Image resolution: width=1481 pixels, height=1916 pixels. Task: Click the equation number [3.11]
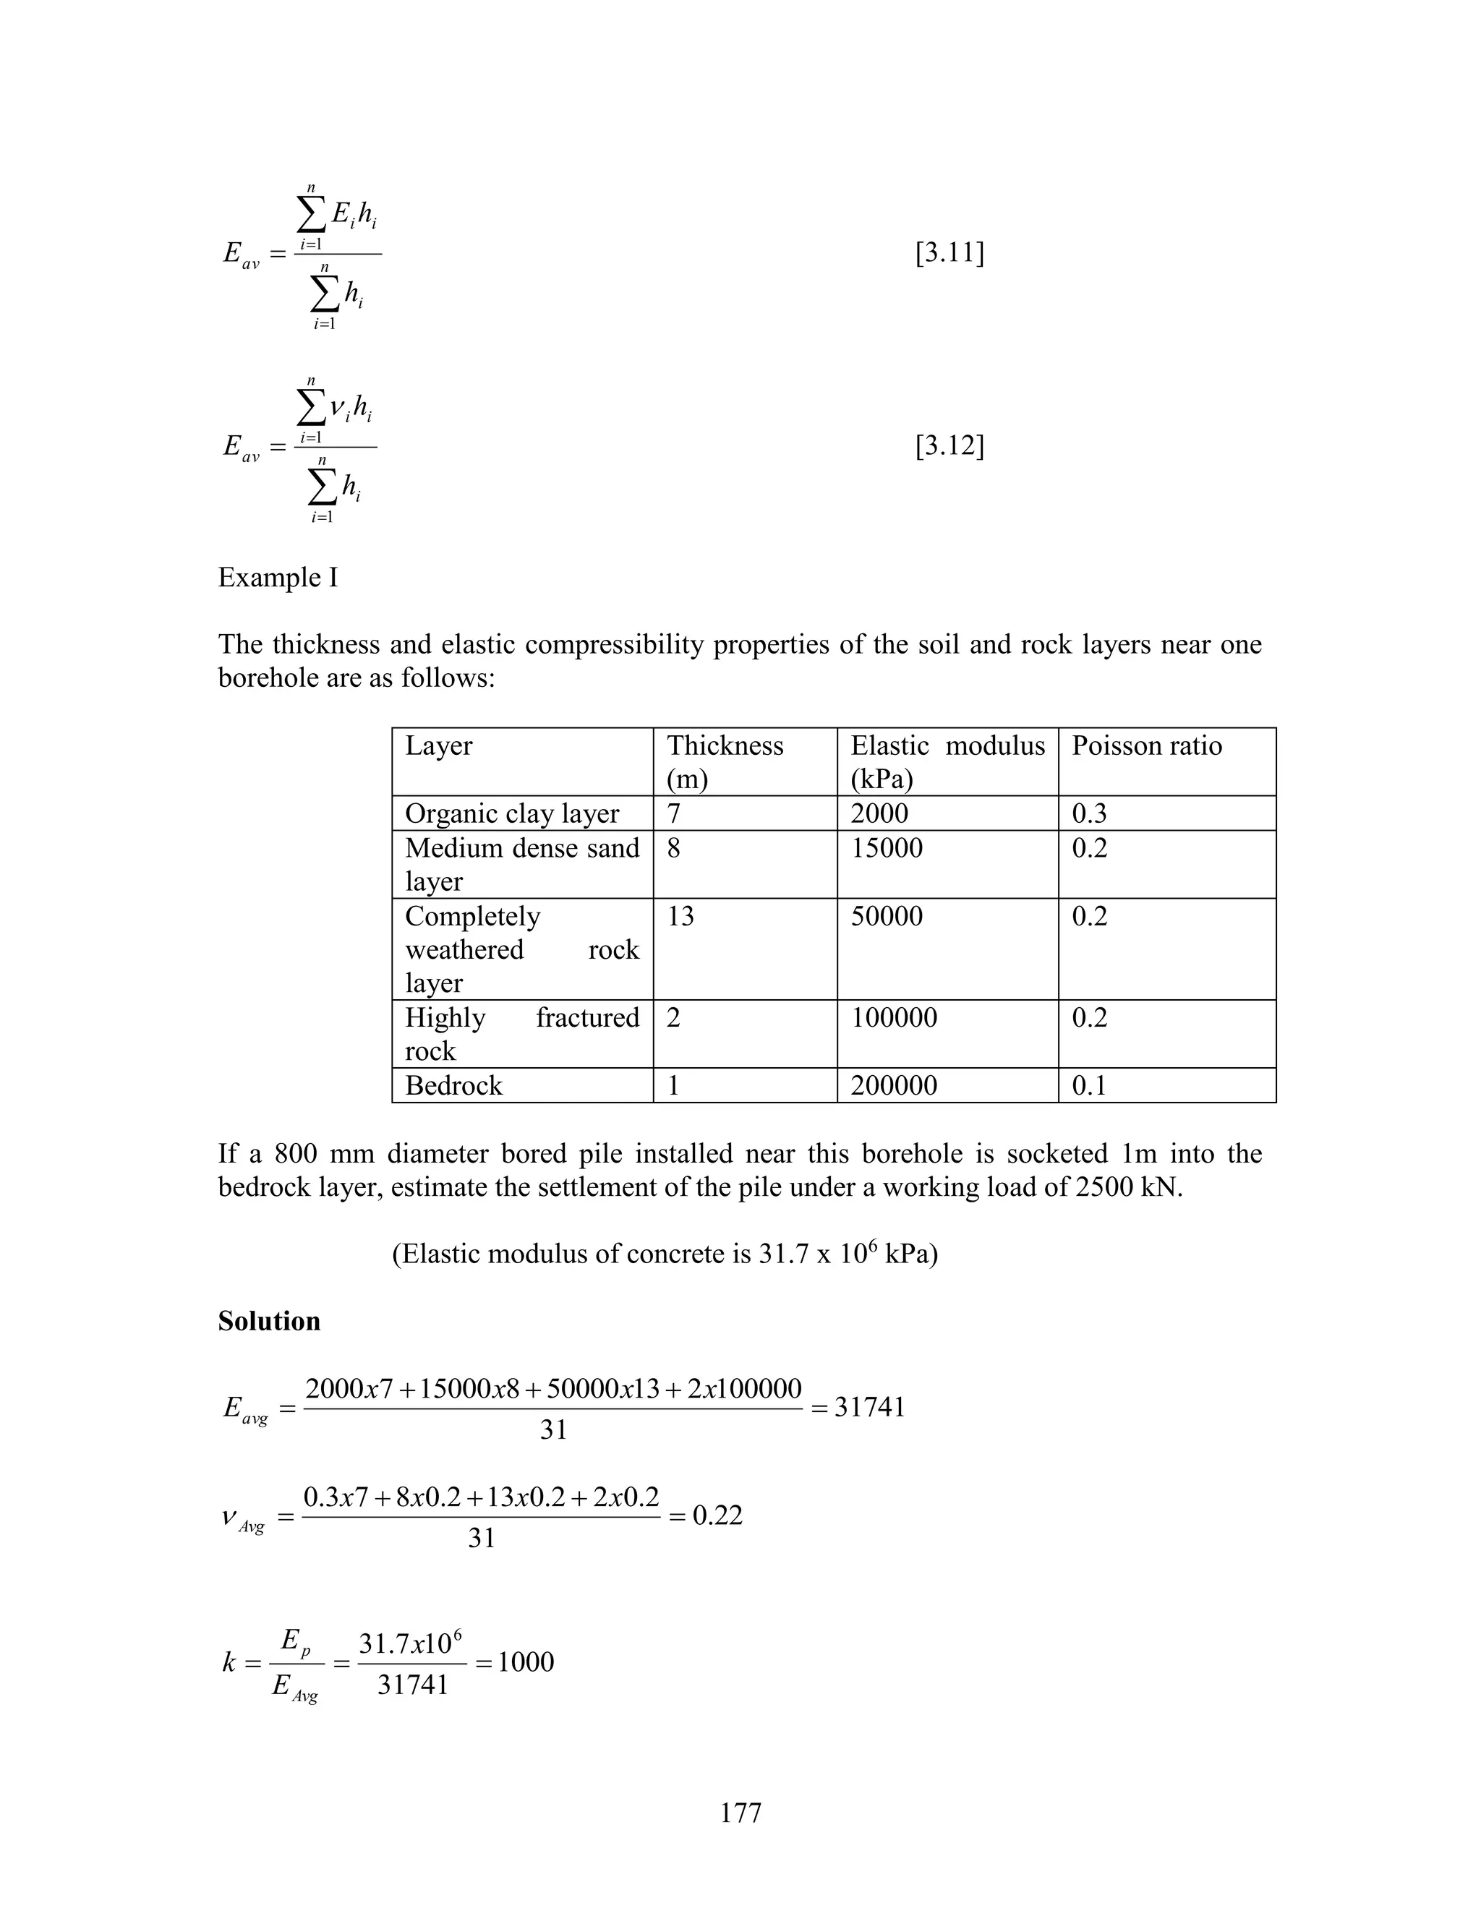click(x=949, y=254)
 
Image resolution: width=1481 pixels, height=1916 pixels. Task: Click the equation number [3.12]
click(x=949, y=447)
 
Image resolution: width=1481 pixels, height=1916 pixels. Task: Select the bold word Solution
click(x=268, y=1321)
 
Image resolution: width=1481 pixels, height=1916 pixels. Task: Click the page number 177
click(x=740, y=1812)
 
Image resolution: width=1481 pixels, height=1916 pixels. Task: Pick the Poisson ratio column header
click(x=1146, y=745)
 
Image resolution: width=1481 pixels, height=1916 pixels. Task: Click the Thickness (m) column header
click(x=725, y=761)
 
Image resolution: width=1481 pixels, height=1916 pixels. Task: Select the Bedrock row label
click(x=453, y=1086)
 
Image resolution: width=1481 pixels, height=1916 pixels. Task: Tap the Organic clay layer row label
click(x=511, y=813)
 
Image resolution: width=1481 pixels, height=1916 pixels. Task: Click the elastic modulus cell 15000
click(x=886, y=847)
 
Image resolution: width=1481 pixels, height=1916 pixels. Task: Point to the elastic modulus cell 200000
click(x=893, y=1086)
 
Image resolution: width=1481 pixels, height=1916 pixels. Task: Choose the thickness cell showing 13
click(x=680, y=916)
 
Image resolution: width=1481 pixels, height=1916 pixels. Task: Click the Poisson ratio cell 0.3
click(x=1089, y=813)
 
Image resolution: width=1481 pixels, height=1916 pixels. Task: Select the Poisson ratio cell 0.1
click(x=1089, y=1086)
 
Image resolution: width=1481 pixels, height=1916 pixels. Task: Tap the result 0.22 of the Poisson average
click(x=717, y=1515)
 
